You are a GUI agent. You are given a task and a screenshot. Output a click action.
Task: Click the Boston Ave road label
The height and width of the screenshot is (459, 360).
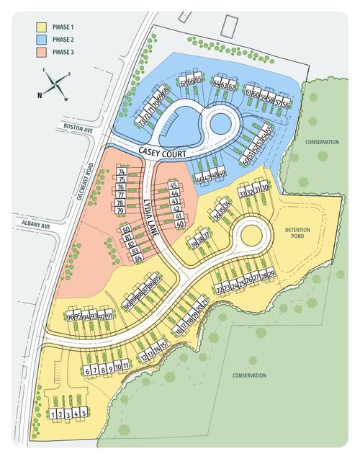79,128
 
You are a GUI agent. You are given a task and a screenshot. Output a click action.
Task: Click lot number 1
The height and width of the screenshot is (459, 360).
54,414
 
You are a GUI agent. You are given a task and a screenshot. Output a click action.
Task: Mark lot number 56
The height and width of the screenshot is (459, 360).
286,105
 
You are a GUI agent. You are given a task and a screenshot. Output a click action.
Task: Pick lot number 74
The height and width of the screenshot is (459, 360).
122,171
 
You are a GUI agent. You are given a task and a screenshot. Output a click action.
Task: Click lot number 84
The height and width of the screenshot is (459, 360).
138,257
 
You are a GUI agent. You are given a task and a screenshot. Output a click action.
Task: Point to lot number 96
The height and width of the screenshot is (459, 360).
70,317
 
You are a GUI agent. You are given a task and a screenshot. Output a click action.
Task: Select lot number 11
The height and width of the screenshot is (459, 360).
126,367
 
